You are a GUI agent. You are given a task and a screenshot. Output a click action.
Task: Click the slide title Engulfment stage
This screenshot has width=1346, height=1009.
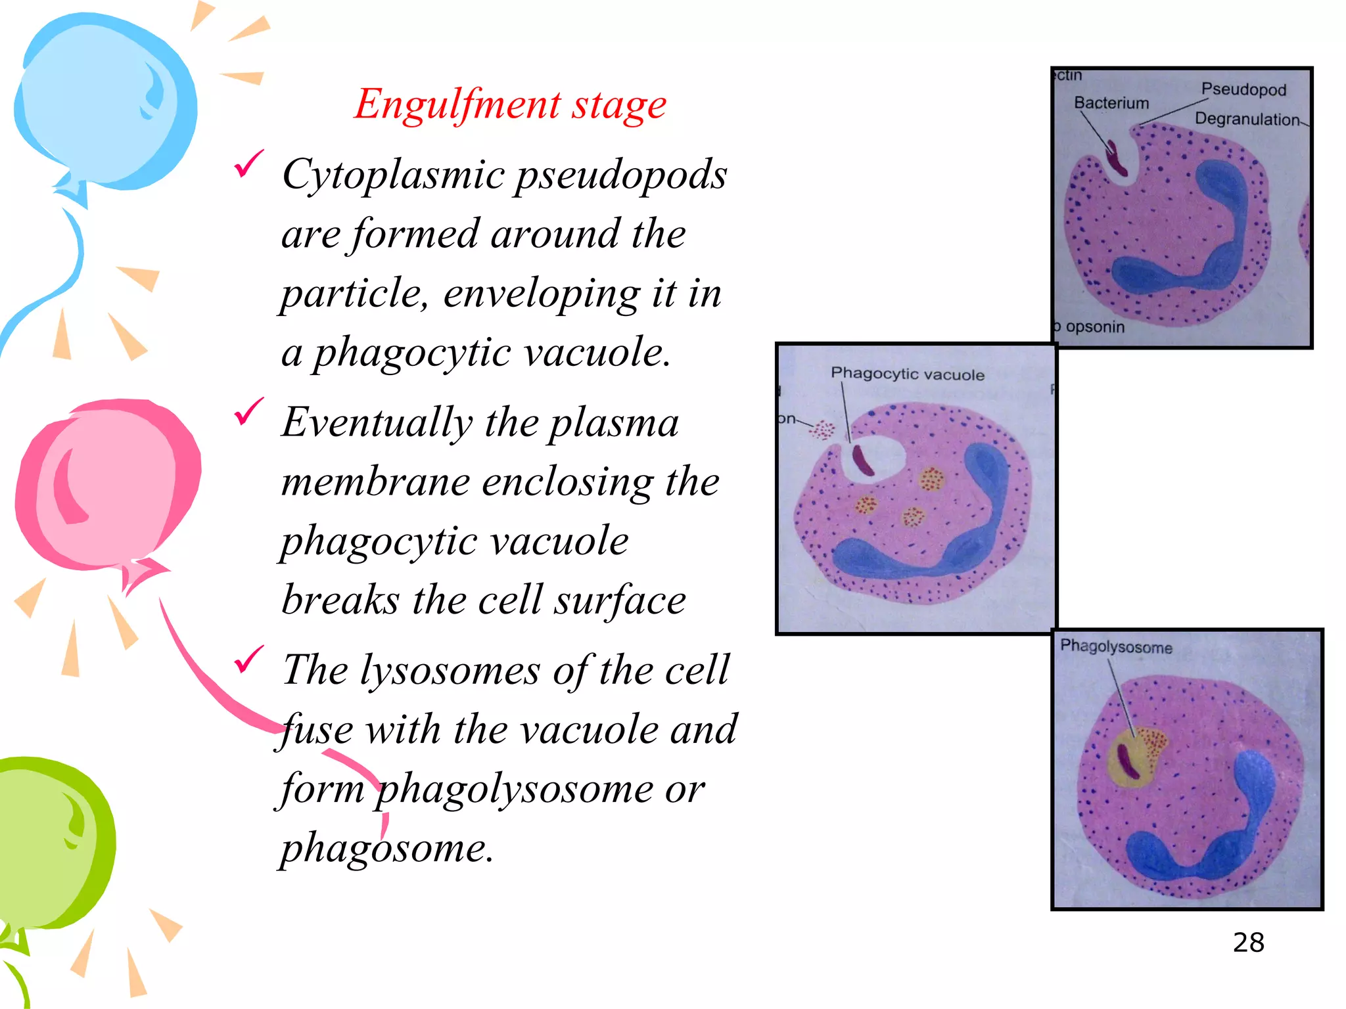(510, 104)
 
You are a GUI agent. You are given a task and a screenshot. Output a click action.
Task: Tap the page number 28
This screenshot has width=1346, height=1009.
(1247, 943)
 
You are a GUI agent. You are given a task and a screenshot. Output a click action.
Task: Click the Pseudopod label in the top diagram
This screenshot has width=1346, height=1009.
(1243, 89)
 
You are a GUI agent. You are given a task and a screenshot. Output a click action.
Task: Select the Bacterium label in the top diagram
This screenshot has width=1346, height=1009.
(1111, 103)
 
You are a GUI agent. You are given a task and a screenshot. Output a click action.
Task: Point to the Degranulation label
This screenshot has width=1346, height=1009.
(1246, 119)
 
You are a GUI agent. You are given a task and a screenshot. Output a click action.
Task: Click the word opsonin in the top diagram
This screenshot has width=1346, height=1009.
(1094, 326)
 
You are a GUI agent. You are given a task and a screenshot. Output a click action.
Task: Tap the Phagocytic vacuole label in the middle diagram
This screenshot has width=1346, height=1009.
(907, 374)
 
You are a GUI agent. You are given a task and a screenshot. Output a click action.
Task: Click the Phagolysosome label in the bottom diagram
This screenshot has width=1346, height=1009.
(1115, 646)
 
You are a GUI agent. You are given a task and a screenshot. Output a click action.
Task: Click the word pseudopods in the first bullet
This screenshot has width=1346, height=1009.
(620, 176)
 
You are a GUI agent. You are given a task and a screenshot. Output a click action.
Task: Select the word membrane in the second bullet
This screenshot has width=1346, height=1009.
(375, 482)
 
